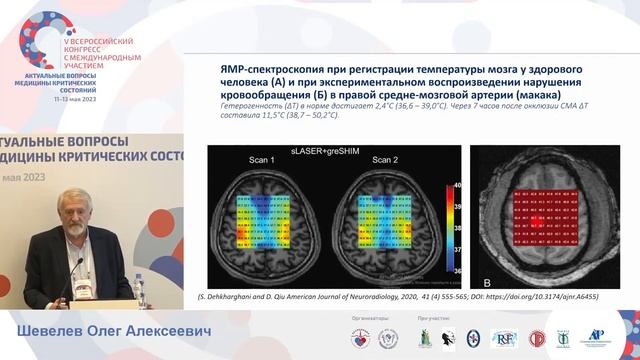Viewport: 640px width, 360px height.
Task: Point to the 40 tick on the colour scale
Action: coord(457,184)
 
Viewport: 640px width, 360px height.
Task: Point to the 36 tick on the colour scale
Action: coord(457,270)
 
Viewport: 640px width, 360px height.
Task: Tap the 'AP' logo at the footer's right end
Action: coord(598,336)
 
